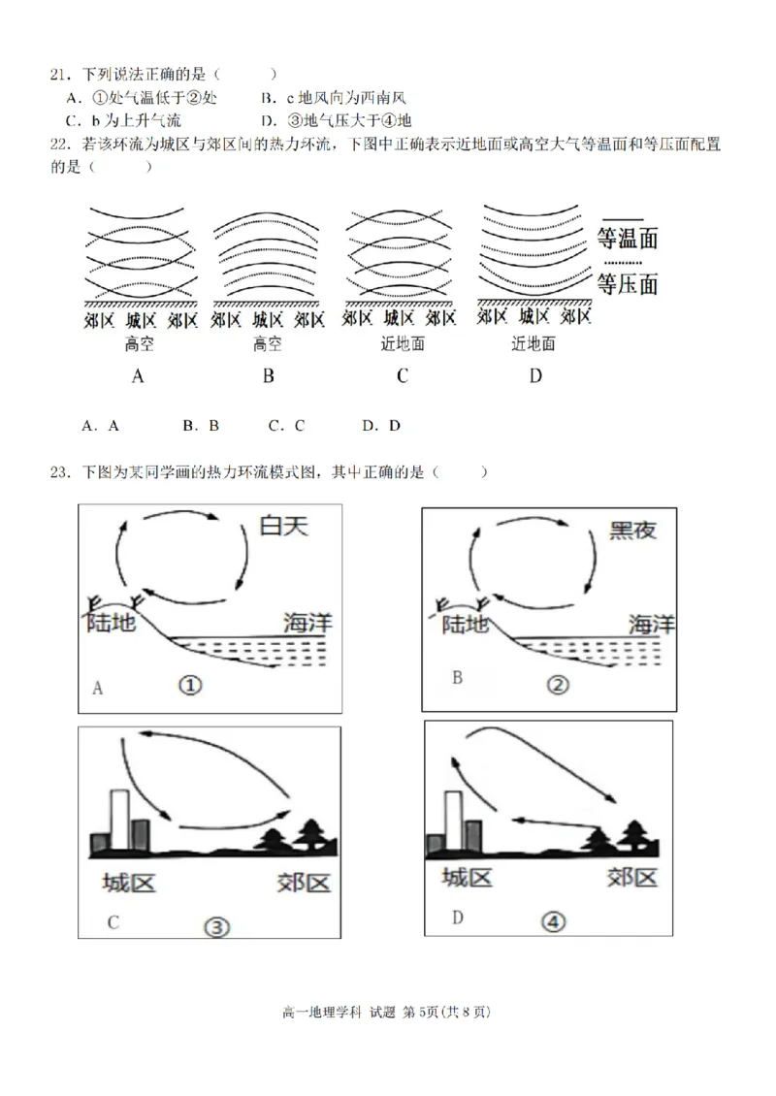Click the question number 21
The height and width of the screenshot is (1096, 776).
point(60,74)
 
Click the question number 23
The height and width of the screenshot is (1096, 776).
point(60,472)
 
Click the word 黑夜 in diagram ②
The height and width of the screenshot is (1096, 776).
point(632,530)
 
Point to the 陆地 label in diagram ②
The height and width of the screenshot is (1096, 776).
point(464,626)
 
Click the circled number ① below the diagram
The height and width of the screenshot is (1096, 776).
point(190,686)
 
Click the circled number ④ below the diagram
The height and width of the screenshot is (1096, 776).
point(554,923)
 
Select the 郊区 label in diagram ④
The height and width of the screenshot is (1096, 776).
point(631,877)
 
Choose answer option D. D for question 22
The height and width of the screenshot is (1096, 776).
point(381,425)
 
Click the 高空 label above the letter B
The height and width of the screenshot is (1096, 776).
point(268,343)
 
